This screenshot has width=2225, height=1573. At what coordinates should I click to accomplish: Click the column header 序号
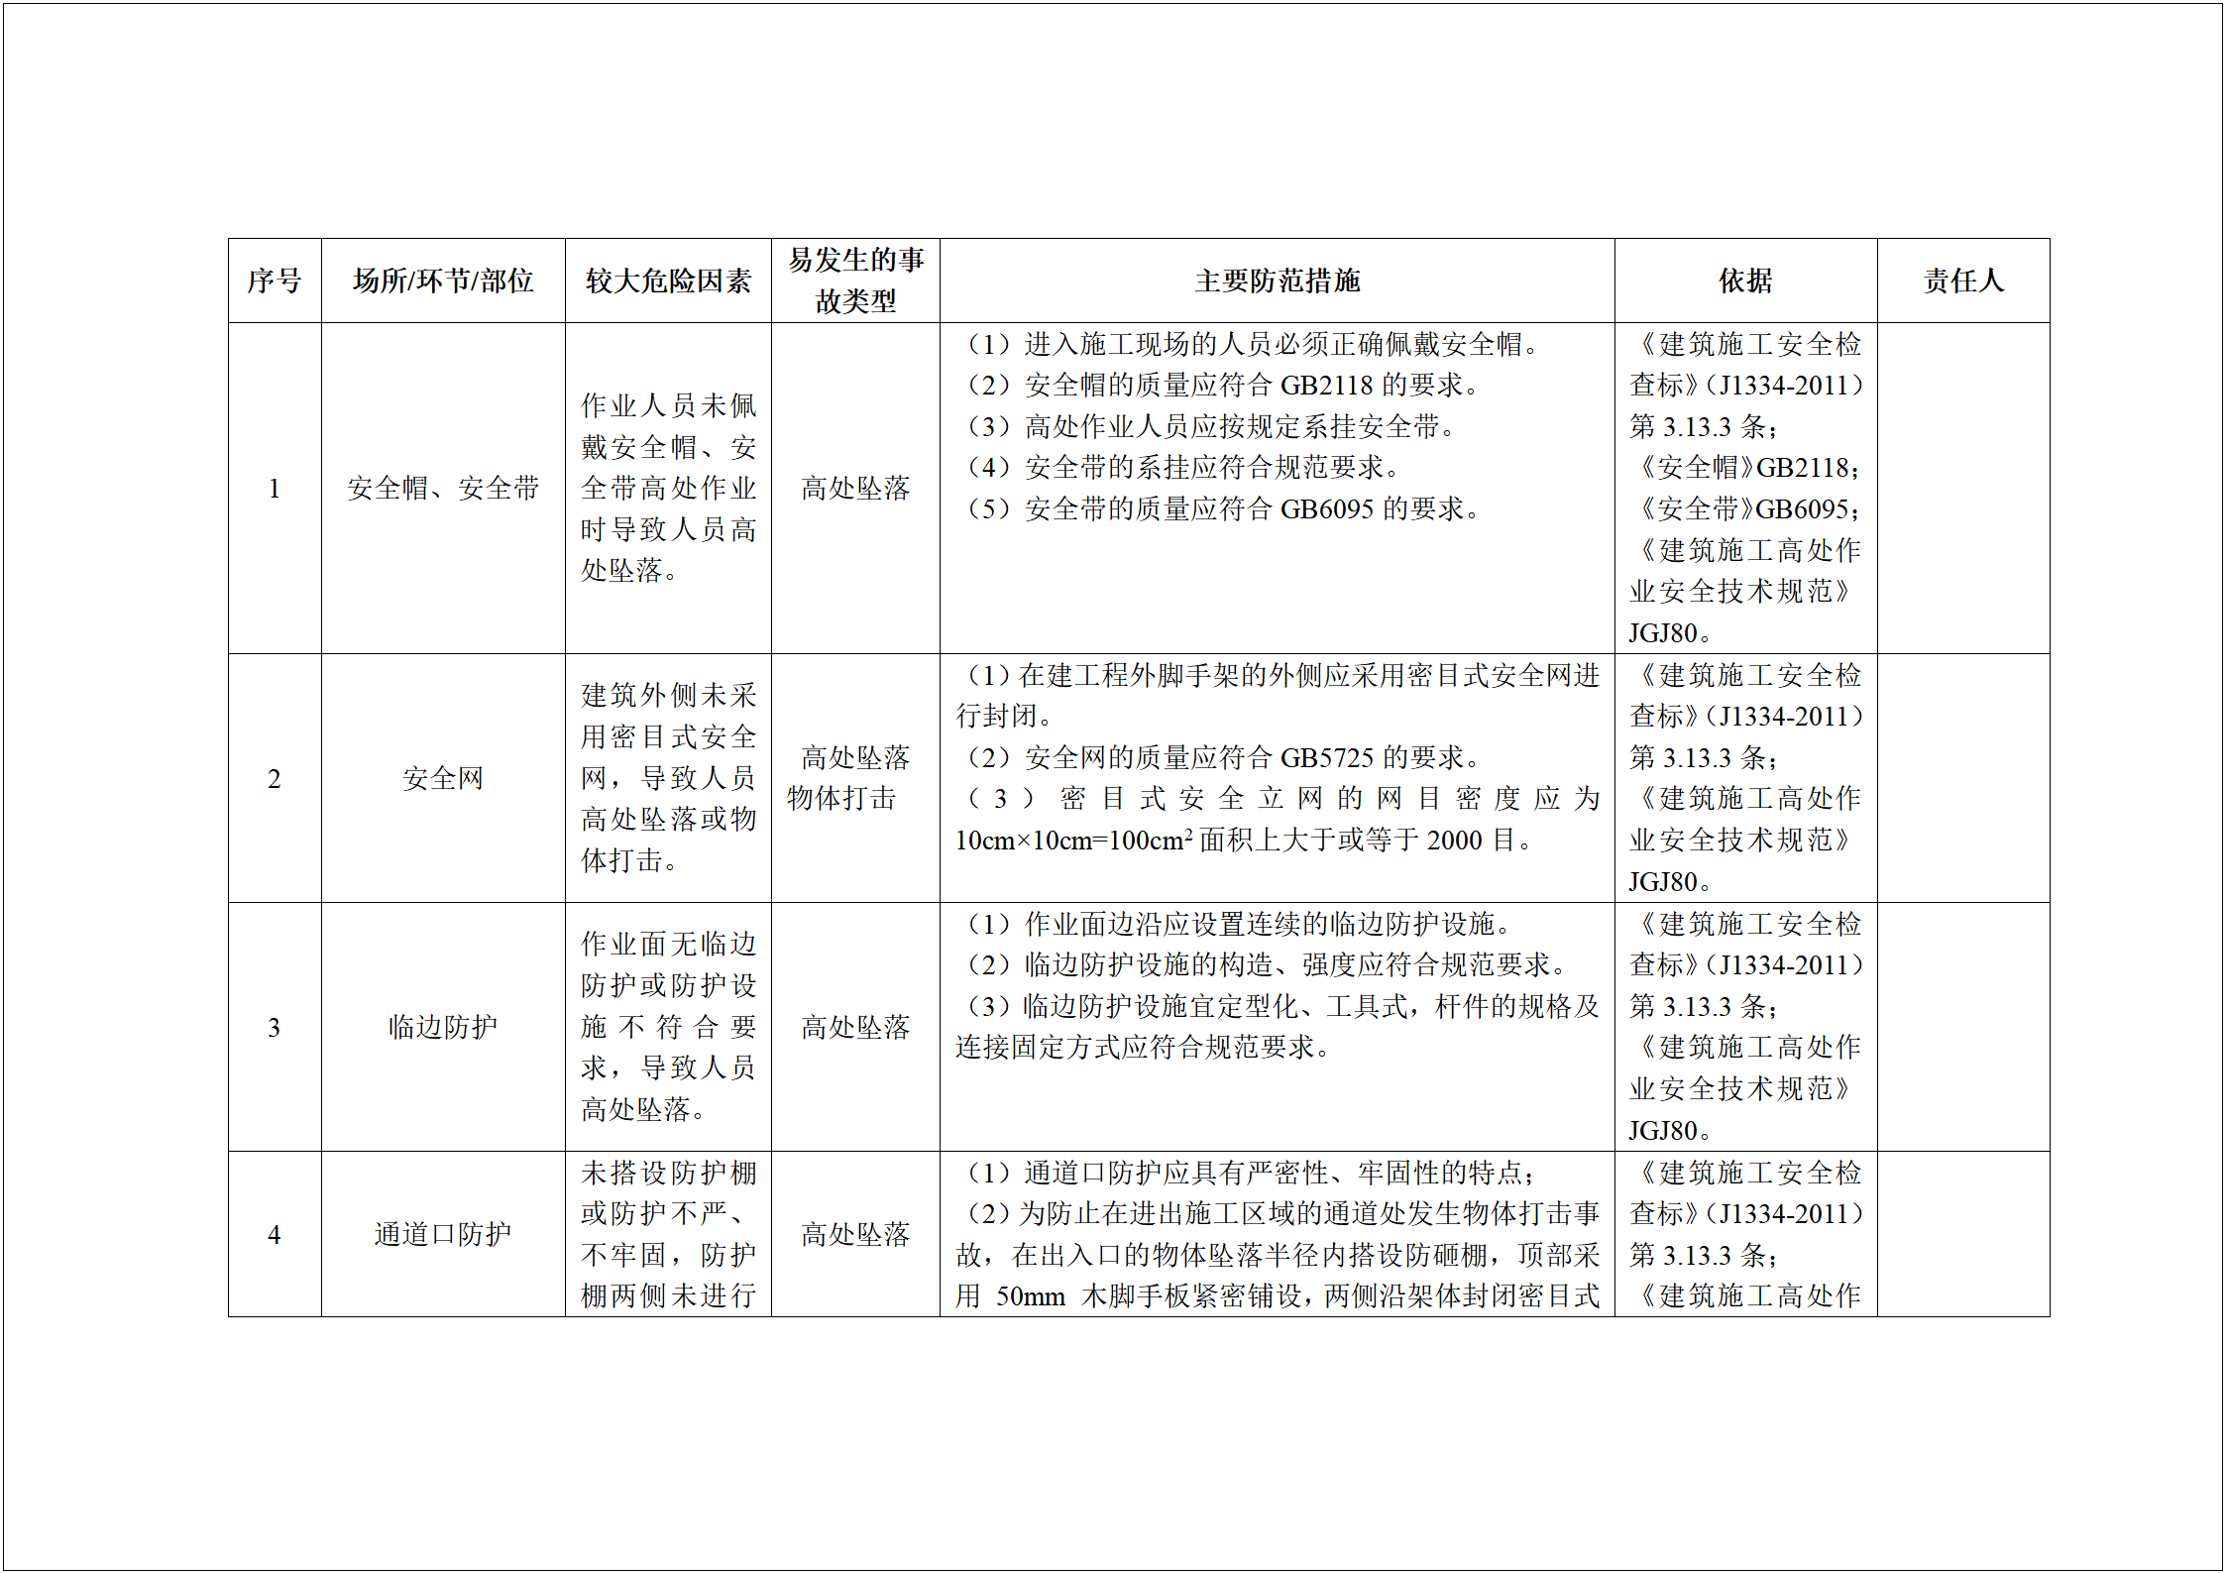[x=275, y=281]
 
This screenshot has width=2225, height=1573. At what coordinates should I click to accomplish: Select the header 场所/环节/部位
[x=443, y=281]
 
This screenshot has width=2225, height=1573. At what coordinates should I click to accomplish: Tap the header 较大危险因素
[x=668, y=281]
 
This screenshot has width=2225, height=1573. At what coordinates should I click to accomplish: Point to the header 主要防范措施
[x=1277, y=281]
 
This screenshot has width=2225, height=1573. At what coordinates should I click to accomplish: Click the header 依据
[x=1745, y=281]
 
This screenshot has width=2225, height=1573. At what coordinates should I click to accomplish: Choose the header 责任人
[x=1962, y=281]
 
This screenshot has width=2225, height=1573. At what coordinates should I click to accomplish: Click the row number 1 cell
[x=275, y=488]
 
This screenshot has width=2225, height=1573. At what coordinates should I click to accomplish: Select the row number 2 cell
[x=275, y=778]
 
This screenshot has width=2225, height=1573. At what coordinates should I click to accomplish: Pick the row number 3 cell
[x=275, y=1027]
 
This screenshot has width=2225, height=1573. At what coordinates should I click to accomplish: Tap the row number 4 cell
[x=275, y=1234]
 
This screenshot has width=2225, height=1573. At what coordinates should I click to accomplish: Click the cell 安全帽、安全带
[x=443, y=488]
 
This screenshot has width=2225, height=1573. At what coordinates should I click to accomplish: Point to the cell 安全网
[x=443, y=778]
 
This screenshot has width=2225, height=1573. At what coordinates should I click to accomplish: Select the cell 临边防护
[x=443, y=1027]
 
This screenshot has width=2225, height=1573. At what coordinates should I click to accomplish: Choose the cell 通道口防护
[x=443, y=1234]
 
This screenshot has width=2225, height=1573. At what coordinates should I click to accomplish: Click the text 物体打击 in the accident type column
[x=841, y=798]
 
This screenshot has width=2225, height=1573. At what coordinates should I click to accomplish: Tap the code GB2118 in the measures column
[x=1326, y=386]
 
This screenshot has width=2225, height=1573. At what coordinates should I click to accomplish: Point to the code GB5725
[x=1326, y=758]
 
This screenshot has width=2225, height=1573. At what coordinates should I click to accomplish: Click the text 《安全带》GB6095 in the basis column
[x=1745, y=509]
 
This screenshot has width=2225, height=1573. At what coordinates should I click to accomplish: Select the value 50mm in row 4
[x=1030, y=1296]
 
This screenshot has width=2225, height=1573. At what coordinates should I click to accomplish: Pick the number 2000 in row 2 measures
[x=1454, y=841]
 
